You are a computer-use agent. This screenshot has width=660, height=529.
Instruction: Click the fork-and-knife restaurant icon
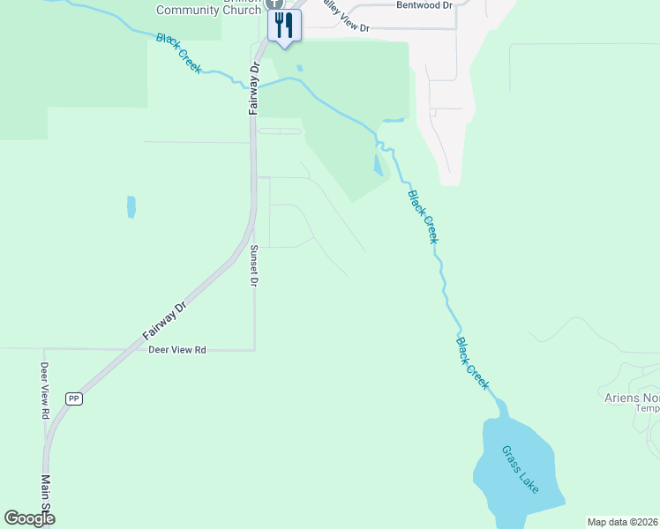[283, 24]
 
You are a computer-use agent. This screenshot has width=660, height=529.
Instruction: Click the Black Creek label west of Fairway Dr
[179, 53]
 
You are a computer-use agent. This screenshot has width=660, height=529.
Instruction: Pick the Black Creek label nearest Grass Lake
[472, 362]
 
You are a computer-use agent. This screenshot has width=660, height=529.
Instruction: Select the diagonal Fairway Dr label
[165, 322]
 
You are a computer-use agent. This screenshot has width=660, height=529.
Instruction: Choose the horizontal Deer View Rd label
[176, 350]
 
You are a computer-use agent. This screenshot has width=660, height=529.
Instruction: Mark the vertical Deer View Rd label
[43, 390]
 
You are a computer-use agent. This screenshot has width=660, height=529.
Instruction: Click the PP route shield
[74, 399]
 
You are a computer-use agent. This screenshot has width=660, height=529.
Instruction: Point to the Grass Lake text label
[520, 468]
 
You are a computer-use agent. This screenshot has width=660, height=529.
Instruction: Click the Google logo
[30, 518]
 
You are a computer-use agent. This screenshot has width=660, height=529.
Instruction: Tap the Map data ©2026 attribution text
[623, 522]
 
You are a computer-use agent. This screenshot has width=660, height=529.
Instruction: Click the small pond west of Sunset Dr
[131, 206]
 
